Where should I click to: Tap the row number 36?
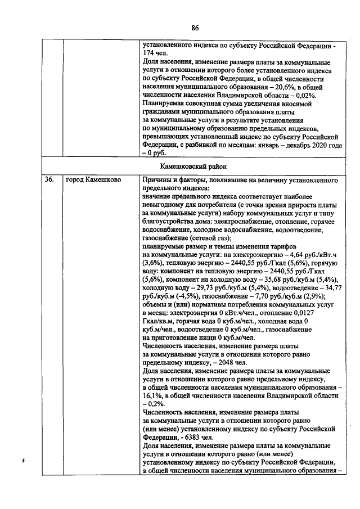(49, 181)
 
